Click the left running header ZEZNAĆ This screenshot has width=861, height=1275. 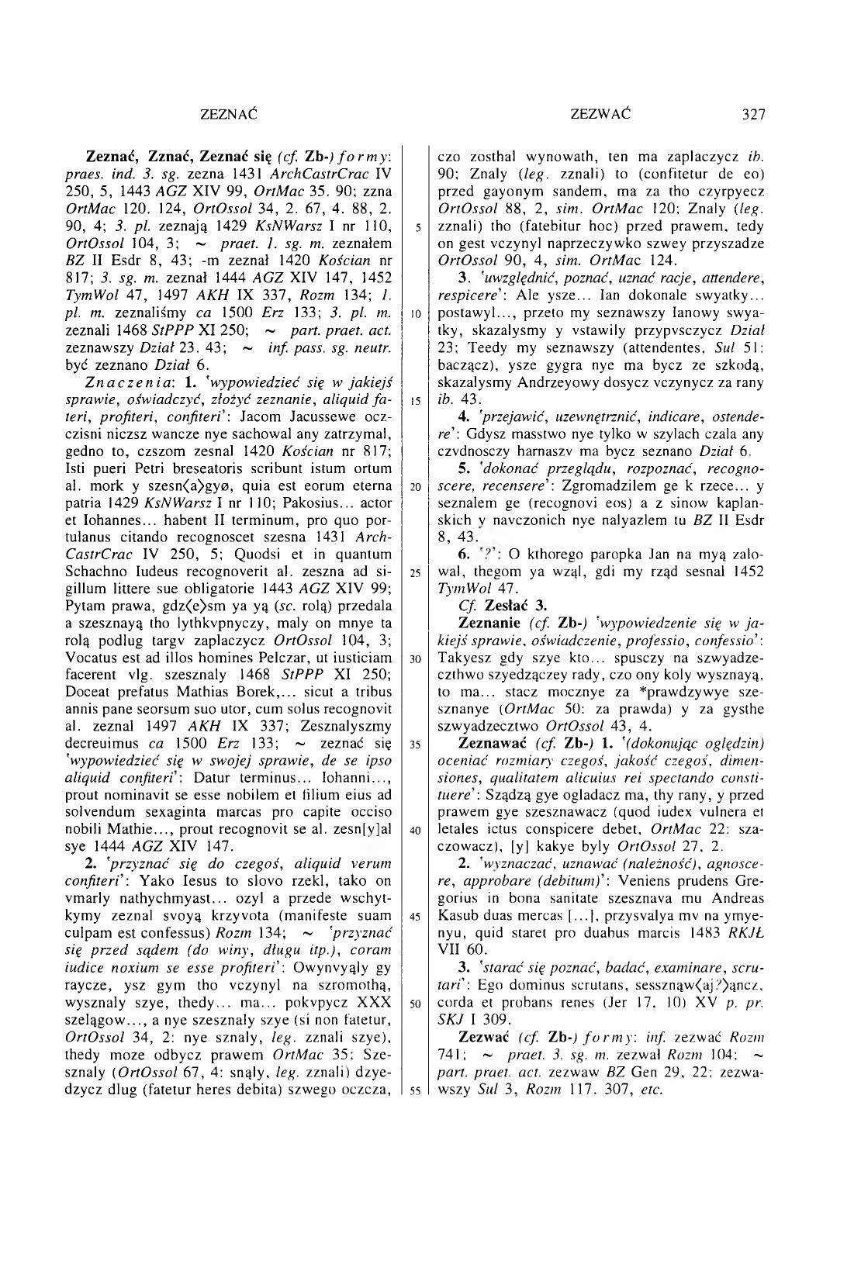click(x=228, y=115)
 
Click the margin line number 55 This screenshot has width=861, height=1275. click(x=417, y=1089)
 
